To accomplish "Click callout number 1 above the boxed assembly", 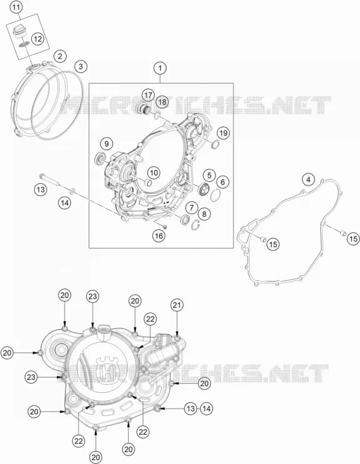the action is [160, 69].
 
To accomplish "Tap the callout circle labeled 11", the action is [16, 7].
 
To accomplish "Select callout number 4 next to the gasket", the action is [308, 179].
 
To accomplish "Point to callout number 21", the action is [177, 305].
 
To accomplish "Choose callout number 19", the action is [224, 133].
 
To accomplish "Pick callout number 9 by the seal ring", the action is [107, 144].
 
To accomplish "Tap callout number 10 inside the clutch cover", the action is [154, 173].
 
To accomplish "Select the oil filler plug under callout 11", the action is [20, 31].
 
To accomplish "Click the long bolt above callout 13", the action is [50, 179].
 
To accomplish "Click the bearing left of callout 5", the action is [204, 190].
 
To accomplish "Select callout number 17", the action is [148, 95].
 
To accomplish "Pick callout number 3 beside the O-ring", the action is [81, 67].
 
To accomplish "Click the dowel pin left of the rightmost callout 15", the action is [343, 233].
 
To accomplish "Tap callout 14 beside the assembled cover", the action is [207, 409].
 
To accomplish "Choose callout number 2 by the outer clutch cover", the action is [60, 56].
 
